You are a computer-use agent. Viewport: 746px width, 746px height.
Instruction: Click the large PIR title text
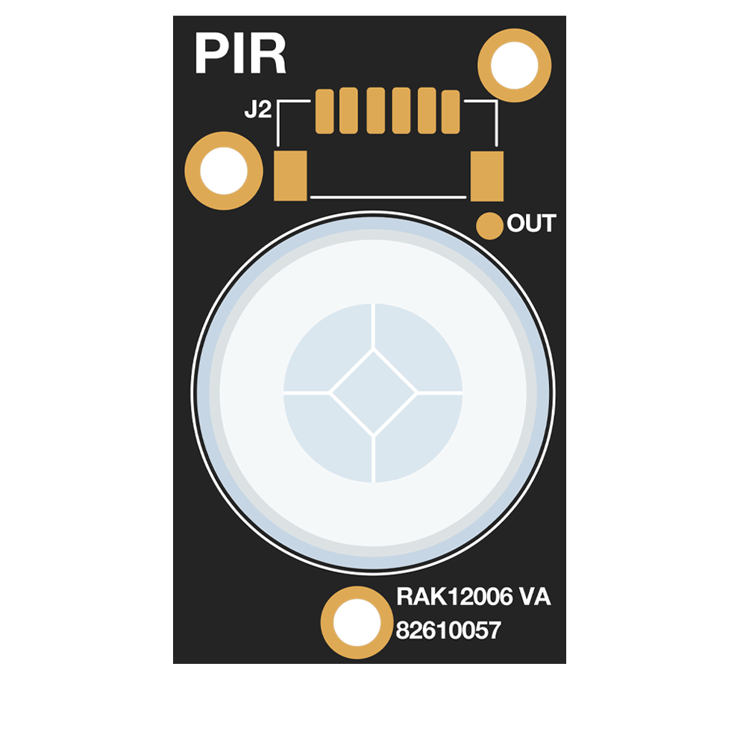pos(240,53)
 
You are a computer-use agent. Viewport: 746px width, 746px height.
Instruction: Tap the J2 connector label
pos(258,110)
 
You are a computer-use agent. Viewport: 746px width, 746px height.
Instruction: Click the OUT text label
pos(531,224)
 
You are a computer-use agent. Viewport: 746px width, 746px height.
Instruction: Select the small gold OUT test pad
pos(489,225)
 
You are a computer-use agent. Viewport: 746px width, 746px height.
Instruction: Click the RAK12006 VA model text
pos(474,597)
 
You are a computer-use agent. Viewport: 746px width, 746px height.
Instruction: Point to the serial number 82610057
pos(448,630)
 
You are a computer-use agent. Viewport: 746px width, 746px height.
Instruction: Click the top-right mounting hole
pos(514,65)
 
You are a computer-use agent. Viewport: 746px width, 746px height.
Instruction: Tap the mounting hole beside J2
pos(224,171)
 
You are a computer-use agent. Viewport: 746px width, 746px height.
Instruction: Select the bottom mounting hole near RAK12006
pos(357,622)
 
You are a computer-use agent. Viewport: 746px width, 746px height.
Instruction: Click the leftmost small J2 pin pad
pos(325,111)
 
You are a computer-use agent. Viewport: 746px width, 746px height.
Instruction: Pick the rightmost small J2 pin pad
pos(451,112)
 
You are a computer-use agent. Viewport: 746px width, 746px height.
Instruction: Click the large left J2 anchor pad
pos(290,175)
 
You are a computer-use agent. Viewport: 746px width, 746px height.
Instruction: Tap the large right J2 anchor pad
pos(486,176)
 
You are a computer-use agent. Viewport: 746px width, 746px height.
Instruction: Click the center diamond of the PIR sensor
pos(374,392)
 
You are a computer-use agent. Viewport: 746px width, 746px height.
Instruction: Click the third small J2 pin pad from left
pos(375,111)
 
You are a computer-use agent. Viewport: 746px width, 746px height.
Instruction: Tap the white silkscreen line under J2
pos(388,197)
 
